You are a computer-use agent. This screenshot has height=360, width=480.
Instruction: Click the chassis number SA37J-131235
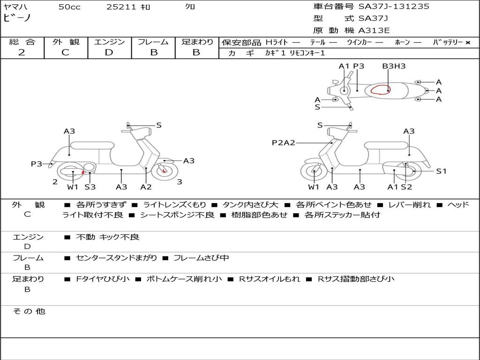pyautogui.click(x=394, y=7)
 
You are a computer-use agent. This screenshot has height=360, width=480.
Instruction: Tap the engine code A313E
pyautogui.click(x=374, y=30)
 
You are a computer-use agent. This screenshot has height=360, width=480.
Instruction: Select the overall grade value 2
pyautogui.click(x=22, y=52)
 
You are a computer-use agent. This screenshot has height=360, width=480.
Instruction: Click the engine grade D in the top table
pyautogui.click(x=109, y=52)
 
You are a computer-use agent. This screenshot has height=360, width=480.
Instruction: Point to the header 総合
pyautogui.click(x=22, y=42)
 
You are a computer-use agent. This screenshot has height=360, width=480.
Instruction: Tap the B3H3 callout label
pyautogui.click(x=394, y=66)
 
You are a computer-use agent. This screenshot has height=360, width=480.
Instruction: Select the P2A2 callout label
pyautogui.click(x=284, y=142)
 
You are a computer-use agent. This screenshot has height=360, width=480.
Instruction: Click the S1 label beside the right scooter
pyautogui.click(x=441, y=171)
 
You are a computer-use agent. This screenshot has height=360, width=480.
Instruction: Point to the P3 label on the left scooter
pyautogui.click(x=37, y=164)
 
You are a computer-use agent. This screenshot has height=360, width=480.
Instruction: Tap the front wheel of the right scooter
pyautogui.click(x=314, y=172)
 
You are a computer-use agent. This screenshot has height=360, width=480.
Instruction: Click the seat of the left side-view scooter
pyautogui.click(x=92, y=145)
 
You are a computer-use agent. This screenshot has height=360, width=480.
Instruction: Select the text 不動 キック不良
pyautogui.click(x=107, y=237)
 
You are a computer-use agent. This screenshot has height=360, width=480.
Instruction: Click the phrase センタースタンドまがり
pyautogui.click(x=116, y=258)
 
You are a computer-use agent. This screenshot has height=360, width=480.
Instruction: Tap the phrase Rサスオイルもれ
pyautogui.click(x=270, y=279)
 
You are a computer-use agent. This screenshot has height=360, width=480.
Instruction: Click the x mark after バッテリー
pyautogui.click(x=468, y=43)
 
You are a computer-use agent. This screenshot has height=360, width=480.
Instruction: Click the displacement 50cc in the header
pyautogui.click(x=69, y=7)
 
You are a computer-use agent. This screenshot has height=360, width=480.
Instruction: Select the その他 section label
pyautogui.click(x=29, y=311)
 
